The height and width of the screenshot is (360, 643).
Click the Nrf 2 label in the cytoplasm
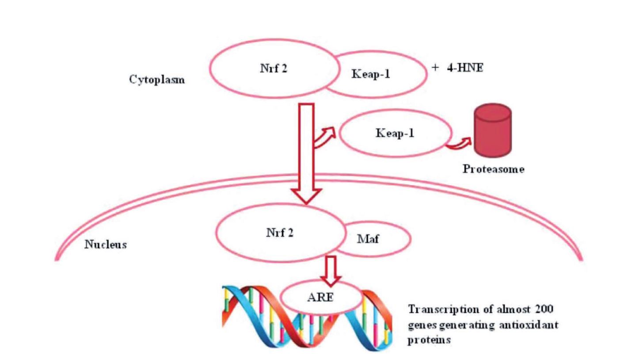[x=274, y=69]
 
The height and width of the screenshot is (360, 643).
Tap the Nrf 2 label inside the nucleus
[x=279, y=233]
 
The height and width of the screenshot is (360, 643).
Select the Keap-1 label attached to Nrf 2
[x=371, y=74]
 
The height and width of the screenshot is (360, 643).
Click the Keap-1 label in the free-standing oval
[x=395, y=133]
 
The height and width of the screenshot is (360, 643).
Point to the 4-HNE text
[x=464, y=69]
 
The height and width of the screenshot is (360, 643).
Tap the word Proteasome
[x=494, y=169]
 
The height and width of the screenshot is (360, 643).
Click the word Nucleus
[x=106, y=245]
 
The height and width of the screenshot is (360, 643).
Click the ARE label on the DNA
[x=320, y=297]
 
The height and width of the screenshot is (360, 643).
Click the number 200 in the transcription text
[x=544, y=309]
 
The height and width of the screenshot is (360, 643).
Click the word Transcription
[x=438, y=309]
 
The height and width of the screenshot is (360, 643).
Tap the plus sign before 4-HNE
[x=436, y=68]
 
